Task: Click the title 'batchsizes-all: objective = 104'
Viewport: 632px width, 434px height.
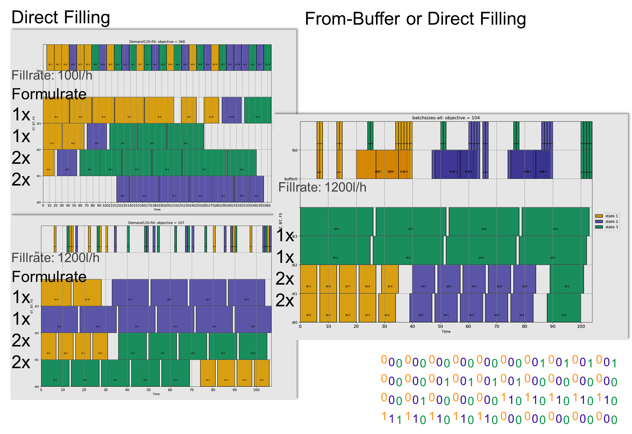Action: click(x=446, y=118)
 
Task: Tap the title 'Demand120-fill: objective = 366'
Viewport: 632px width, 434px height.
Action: click(x=157, y=42)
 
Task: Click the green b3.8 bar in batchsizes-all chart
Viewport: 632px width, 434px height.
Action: click(x=484, y=222)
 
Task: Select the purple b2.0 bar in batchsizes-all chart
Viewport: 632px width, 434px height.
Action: click(x=421, y=308)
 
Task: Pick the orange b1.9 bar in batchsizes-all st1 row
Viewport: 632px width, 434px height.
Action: click(x=390, y=279)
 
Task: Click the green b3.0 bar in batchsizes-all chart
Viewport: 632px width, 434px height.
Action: click(x=564, y=308)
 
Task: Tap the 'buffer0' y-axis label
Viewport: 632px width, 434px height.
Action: click(x=291, y=179)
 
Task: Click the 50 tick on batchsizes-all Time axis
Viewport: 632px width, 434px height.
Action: click(x=441, y=326)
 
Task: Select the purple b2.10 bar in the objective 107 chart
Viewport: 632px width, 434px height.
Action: click(x=246, y=293)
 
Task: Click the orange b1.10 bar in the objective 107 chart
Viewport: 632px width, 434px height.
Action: click(x=87, y=293)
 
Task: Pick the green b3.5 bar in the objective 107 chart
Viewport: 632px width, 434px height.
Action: click(x=175, y=373)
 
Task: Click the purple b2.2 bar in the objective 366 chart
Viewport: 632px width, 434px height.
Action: click(x=144, y=189)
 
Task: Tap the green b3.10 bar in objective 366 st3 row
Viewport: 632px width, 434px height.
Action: click(x=258, y=110)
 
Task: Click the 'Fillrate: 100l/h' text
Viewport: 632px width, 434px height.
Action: click(x=52, y=75)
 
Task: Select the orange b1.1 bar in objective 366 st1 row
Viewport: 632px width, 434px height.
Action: click(x=48, y=163)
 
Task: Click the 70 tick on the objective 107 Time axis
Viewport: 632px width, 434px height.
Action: click(x=192, y=390)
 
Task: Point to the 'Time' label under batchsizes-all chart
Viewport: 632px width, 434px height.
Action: click(x=446, y=332)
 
